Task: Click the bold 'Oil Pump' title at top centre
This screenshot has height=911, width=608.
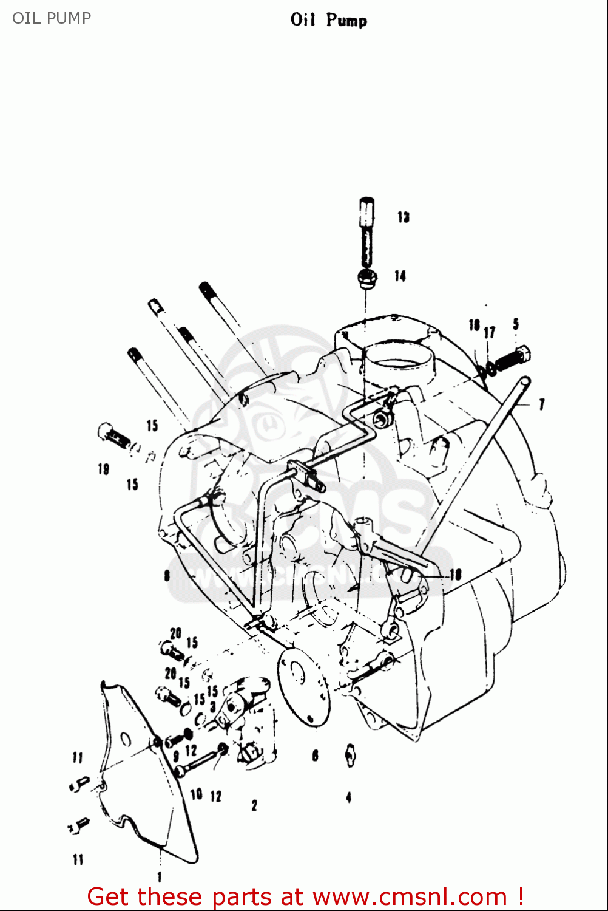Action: (x=328, y=20)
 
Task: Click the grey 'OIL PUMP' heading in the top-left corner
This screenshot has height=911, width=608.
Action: (x=52, y=18)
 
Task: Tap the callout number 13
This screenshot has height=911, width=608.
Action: (x=404, y=217)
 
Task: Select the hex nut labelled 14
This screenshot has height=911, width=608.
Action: (x=367, y=279)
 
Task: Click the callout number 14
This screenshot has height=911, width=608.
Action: (x=400, y=276)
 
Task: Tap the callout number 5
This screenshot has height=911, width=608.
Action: (x=516, y=323)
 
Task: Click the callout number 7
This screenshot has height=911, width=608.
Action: (x=541, y=404)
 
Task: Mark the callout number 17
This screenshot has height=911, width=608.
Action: (x=490, y=332)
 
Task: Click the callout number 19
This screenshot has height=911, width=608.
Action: (x=103, y=469)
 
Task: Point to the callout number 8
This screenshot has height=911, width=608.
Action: (x=167, y=575)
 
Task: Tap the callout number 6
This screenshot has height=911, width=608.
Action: (x=315, y=756)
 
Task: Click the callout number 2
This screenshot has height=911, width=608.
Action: (x=254, y=805)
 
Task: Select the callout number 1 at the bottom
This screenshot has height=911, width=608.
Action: (x=160, y=876)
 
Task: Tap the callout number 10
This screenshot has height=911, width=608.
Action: (x=196, y=794)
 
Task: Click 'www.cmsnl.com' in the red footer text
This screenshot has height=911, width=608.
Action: (x=410, y=896)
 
